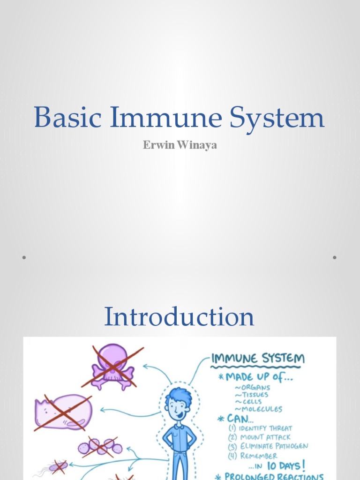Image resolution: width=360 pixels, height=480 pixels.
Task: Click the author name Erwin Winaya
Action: tap(180, 146)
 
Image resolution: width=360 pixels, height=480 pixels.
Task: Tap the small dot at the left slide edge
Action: tap(23, 257)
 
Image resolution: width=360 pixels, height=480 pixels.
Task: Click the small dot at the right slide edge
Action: tap(335, 257)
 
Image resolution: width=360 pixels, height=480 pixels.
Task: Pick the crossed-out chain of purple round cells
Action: tap(100, 447)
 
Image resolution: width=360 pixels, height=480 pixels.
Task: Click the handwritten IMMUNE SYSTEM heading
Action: tap(258, 360)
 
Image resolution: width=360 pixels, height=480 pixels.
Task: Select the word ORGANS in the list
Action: tap(255, 388)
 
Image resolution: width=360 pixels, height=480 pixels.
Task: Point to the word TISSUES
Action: tap(256, 395)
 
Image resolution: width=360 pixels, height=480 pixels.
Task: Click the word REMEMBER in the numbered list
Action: tap(258, 456)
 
